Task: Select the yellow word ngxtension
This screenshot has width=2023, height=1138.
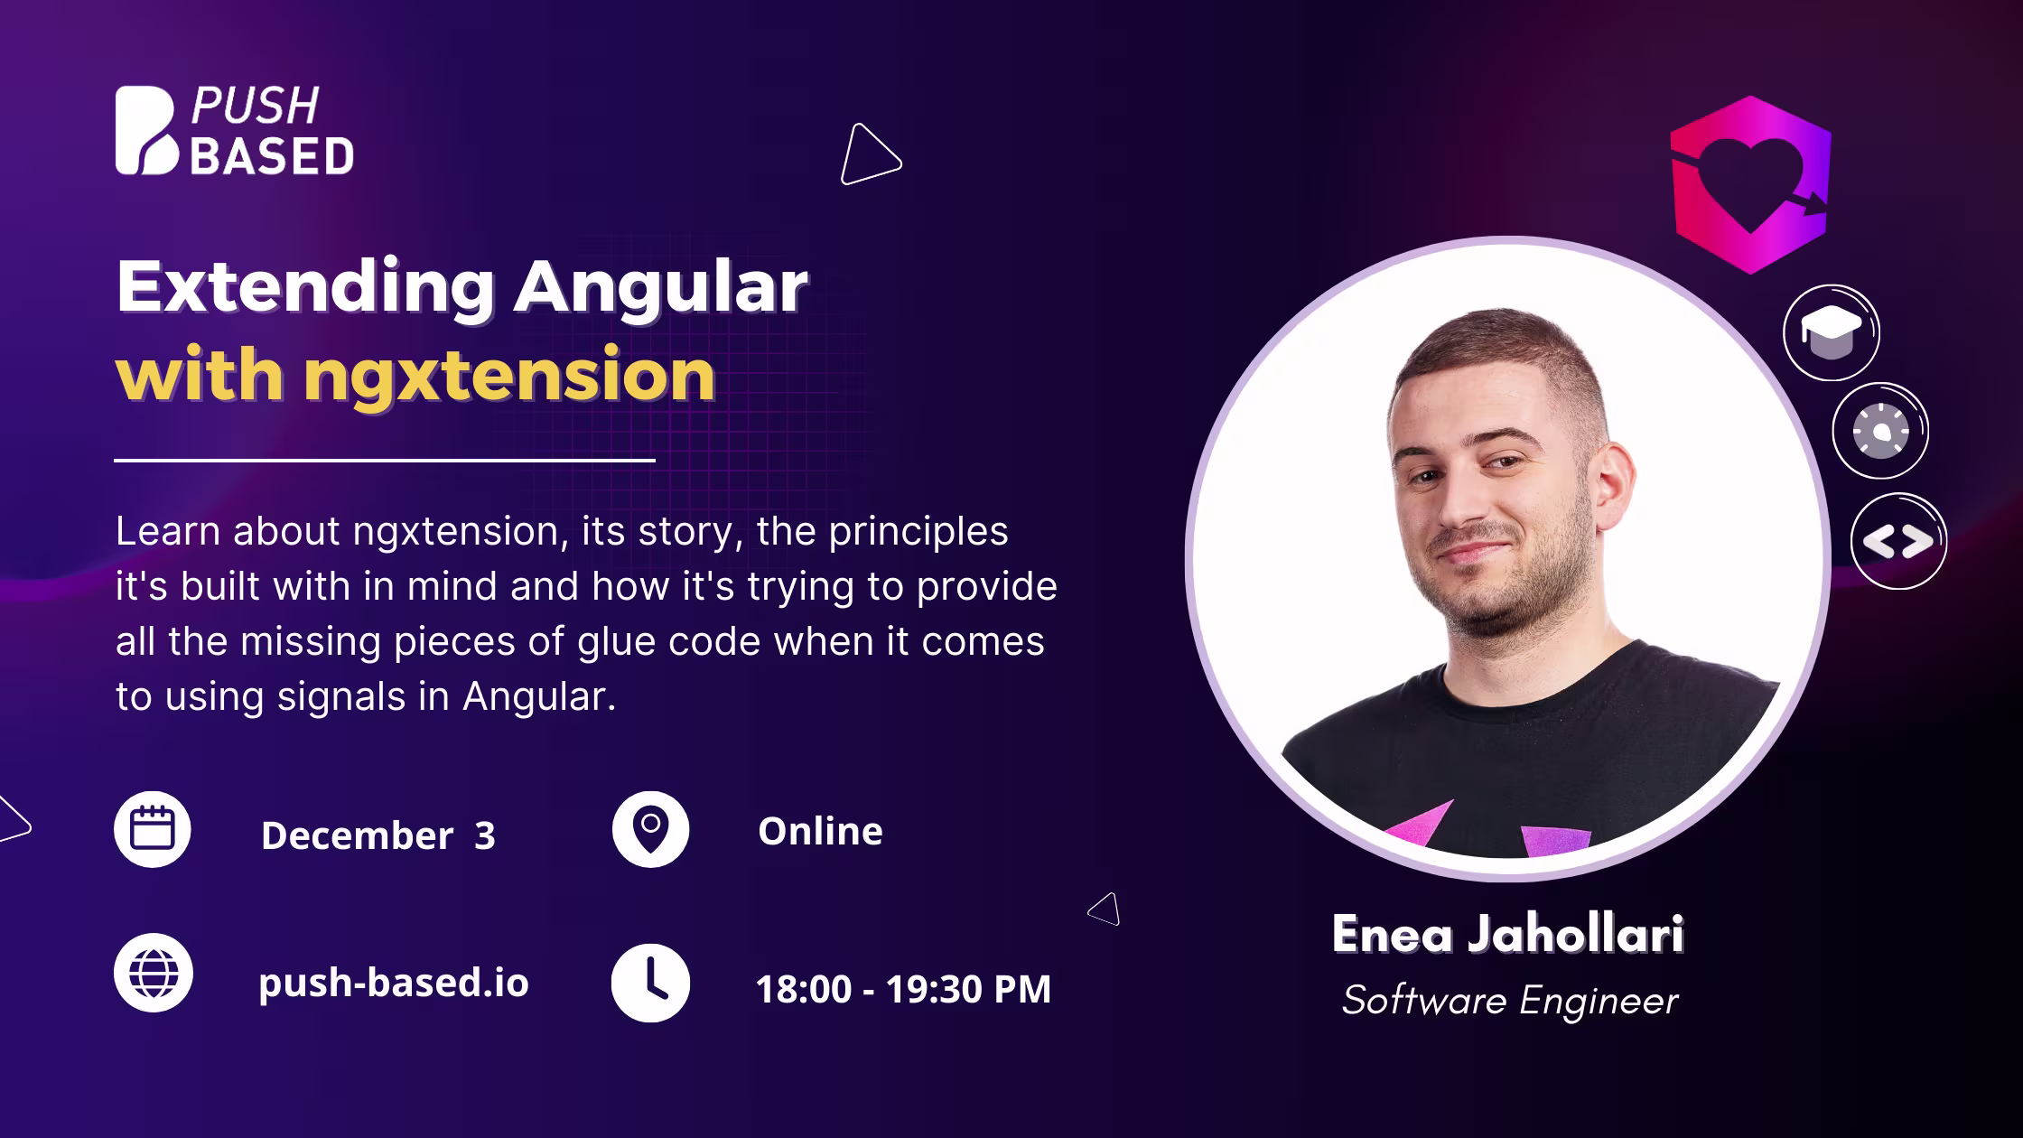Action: click(509, 374)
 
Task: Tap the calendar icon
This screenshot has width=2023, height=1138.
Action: click(153, 829)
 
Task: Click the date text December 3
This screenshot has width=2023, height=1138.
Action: click(378, 835)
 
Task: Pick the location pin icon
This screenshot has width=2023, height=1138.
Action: click(650, 829)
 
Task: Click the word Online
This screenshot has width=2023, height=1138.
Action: click(820, 831)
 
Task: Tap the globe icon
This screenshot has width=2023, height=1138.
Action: click(154, 973)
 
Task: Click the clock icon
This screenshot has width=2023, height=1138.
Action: click(650, 984)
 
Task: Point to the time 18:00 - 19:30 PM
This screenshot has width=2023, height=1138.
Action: click(903, 989)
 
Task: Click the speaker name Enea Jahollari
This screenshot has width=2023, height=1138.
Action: click(1507, 934)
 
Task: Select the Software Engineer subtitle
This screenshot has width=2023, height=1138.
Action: click(1510, 1001)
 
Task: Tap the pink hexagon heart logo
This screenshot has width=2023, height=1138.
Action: click(1750, 184)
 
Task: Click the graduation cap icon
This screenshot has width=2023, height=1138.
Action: click(1832, 332)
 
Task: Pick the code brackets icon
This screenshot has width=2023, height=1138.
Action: click(1898, 541)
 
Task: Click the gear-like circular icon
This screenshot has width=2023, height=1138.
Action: click(1880, 431)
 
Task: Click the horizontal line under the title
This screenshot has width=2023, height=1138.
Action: click(385, 461)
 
